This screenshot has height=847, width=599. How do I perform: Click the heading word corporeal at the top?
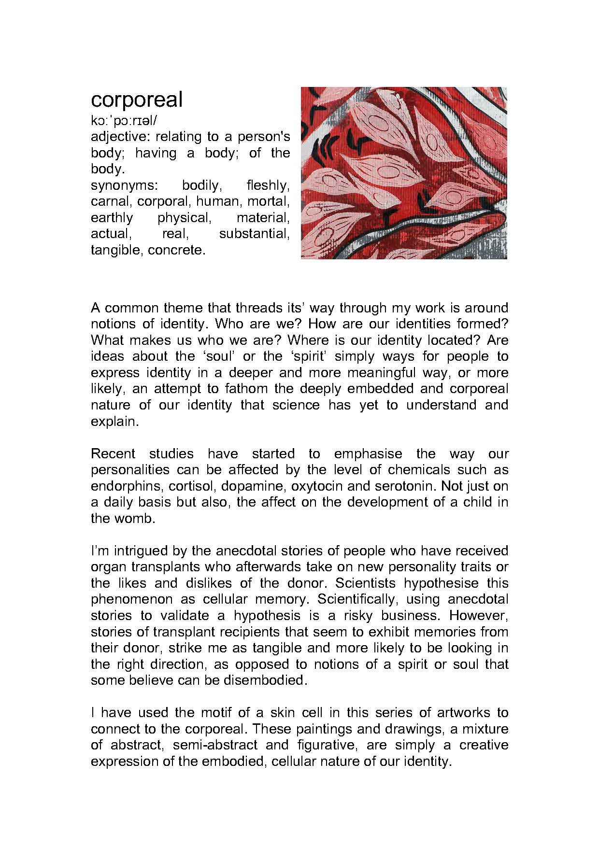[137, 100]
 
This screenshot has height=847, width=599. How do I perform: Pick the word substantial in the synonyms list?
[254, 234]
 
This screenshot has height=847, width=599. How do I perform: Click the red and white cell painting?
[404, 173]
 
